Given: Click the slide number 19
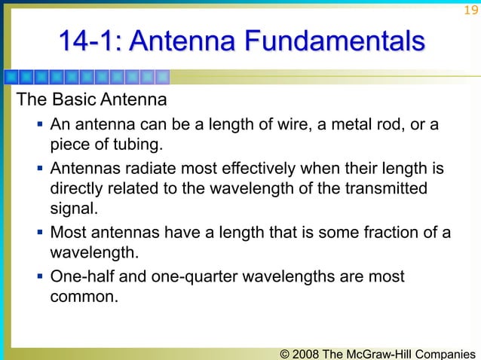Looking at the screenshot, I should (470, 10).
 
